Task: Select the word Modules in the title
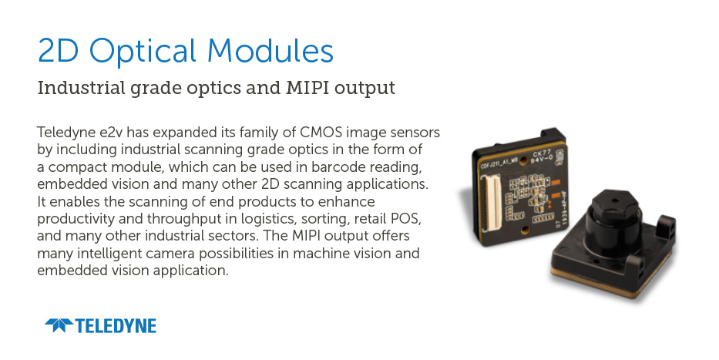pyautogui.click(x=270, y=50)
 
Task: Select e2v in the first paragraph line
pyautogui.click(x=112, y=133)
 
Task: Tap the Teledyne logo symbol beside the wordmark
pyautogui.click(x=59, y=325)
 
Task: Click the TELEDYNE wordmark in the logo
pyautogui.click(x=116, y=325)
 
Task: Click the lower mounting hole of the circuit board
pyautogui.click(x=526, y=228)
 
